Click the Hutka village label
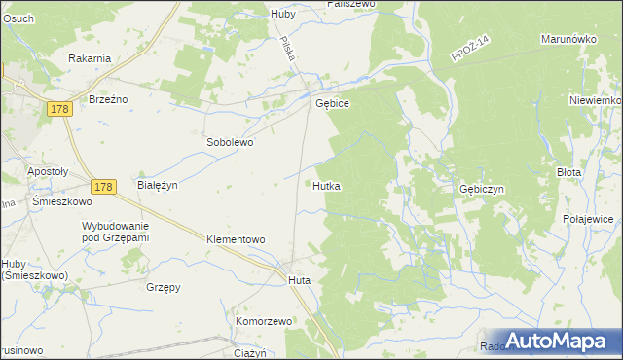click(x=326, y=185)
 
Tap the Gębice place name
click(x=332, y=103)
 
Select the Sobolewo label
click(x=230, y=142)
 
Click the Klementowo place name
click(x=236, y=238)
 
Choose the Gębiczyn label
click(x=481, y=190)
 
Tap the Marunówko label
click(x=568, y=40)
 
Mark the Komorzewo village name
click(x=264, y=321)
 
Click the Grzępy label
click(x=163, y=287)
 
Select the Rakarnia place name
click(x=90, y=58)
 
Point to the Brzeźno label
click(x=109, y=100)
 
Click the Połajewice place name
click(x=588, y=220)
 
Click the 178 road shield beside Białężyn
click(x=104, y=186)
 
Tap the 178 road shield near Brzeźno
click(x=58, y=113)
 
